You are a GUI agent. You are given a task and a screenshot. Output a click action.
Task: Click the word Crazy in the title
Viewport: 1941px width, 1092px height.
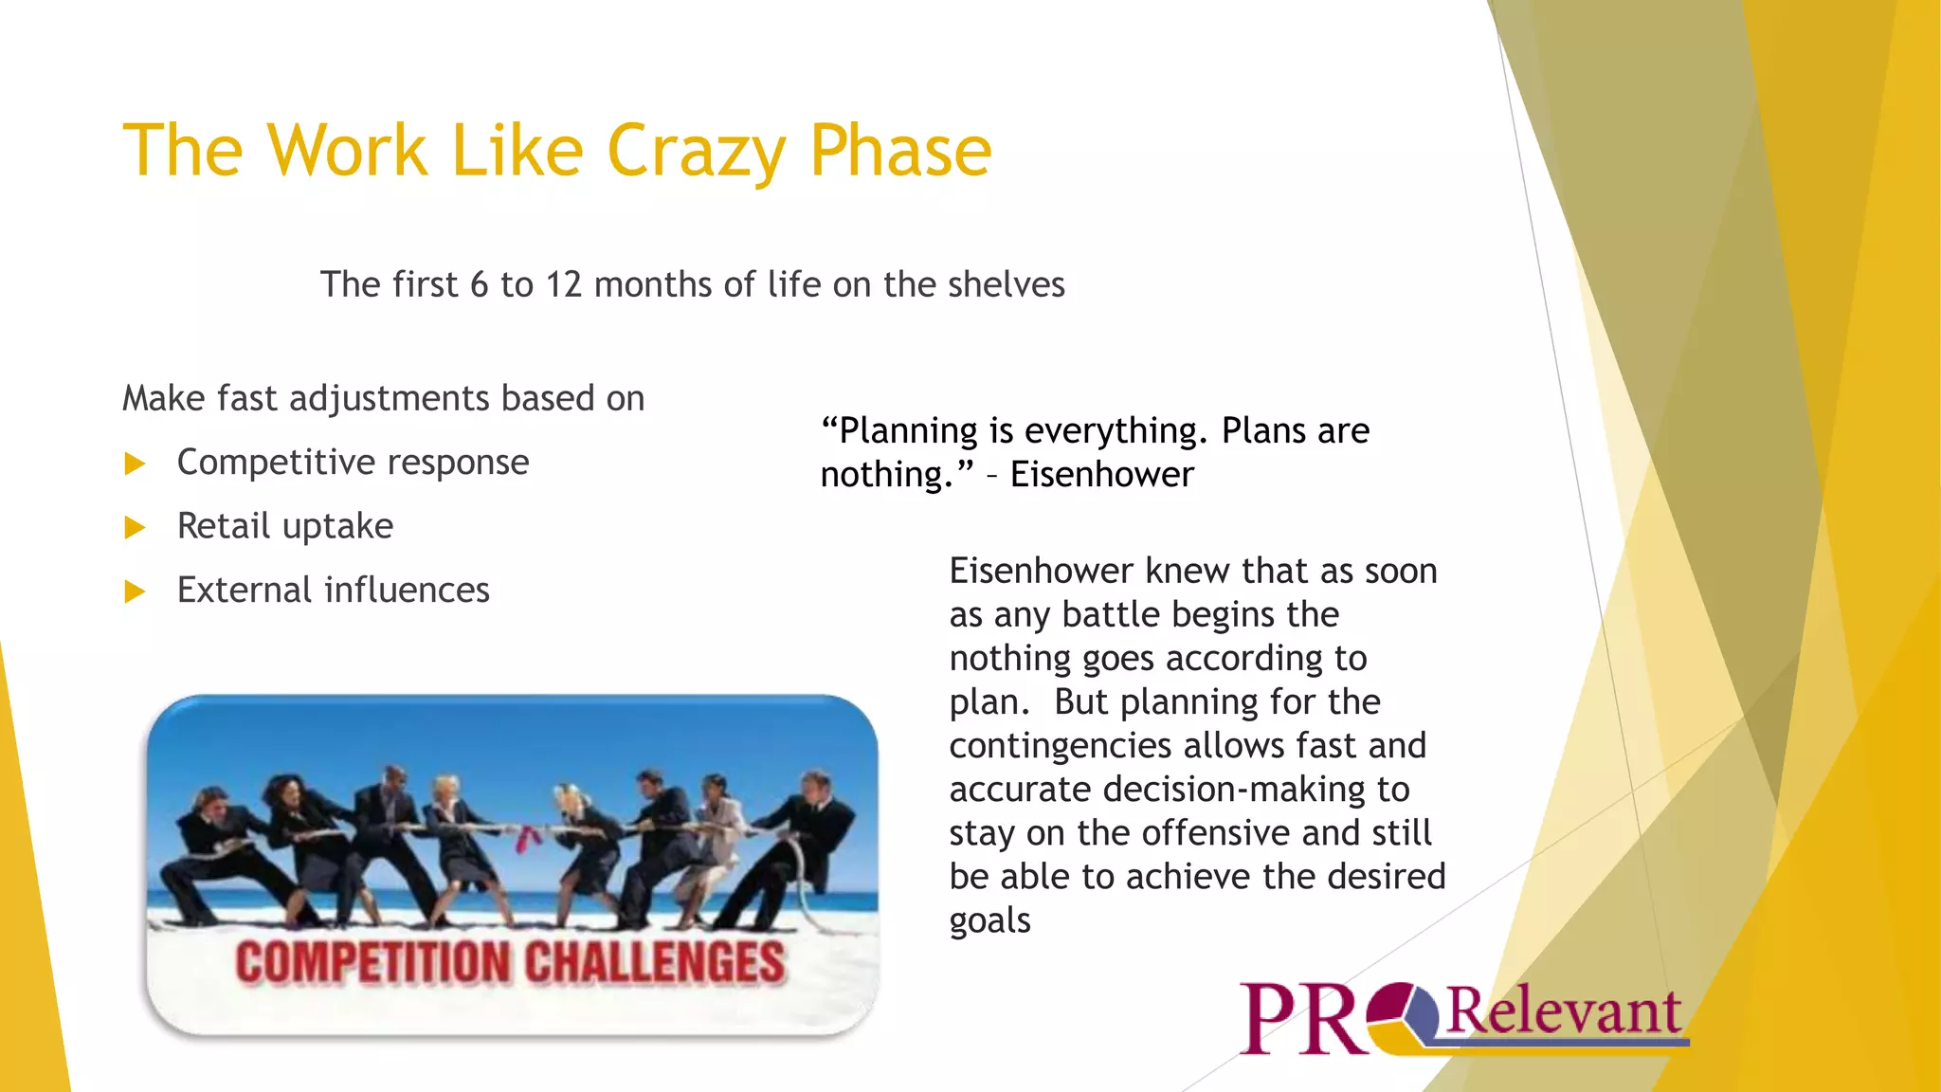pyautogui.click(x=696, y=152)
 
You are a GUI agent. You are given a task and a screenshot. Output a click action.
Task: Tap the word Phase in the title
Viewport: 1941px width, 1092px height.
pyautogui.click(x=899, y=152)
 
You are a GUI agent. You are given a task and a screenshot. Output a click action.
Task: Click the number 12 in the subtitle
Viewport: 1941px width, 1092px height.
pyautogui.click(x=563, y=284)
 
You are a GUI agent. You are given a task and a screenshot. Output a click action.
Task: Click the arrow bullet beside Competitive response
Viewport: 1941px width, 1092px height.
pyautogui.click(x=136, y=464)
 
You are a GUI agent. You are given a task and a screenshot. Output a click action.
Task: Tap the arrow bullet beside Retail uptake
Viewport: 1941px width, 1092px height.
pyautogui.click(x=136, y=527)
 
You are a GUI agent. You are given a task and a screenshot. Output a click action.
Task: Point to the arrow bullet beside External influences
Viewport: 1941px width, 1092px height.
pyautogui.click(x=136, y=591)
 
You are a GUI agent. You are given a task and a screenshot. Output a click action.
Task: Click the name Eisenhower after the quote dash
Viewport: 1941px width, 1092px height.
pyautogui.click(x=1101, y=474)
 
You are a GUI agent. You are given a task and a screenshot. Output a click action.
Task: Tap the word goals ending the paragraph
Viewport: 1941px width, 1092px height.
pyautogui.click(x=989, y=920)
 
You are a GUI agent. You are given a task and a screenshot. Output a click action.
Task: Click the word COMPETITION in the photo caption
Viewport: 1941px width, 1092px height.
pyautogui.click(x=372, y=962)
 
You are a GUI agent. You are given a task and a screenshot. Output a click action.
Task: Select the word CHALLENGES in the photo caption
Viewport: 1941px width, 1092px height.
pyautogui.click(x=654, y=962)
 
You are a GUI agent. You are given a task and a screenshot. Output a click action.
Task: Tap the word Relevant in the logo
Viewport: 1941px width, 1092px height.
pyautogui.click(x=1564, y=1011)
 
